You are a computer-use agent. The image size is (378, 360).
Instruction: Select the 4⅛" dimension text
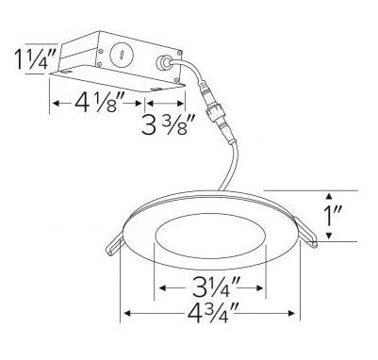click(97, 103)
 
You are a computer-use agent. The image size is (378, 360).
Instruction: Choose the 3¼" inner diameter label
click(217, 287)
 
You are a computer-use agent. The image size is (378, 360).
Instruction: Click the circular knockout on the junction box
click(123, 54)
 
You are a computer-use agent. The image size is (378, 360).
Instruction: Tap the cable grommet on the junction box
click(164, 63)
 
